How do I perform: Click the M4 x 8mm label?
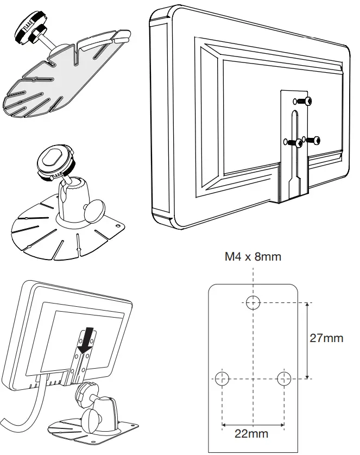pos(253,256)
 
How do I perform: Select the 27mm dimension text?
pos(326,338)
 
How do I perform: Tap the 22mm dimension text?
pos(251,433)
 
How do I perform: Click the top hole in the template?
pos(253,302)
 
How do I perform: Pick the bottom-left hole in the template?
pos(222,378)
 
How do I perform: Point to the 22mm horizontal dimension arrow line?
pos(252,424)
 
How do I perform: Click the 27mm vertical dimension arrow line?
pos(308,340)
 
